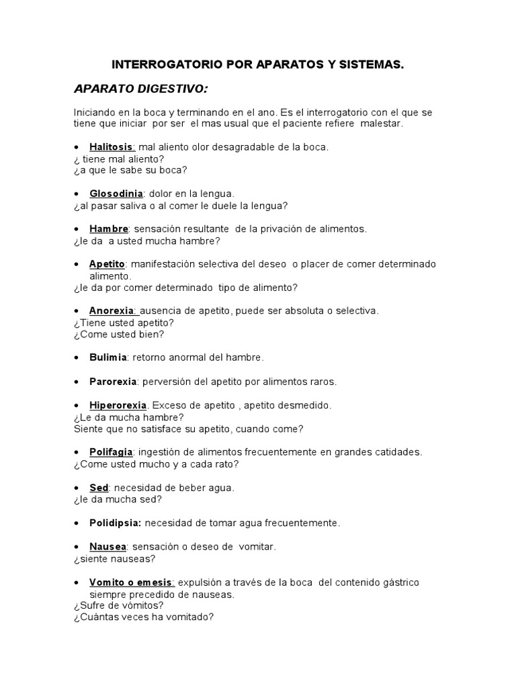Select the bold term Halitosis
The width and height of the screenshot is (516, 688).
112,146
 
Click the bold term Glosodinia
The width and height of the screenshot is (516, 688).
116,193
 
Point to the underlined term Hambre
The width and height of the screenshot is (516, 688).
108,229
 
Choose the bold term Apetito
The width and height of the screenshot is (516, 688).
107,264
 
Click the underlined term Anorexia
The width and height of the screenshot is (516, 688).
113,311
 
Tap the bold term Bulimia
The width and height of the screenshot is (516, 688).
107,357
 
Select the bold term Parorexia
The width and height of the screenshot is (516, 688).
113,382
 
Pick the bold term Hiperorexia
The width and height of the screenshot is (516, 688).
119,405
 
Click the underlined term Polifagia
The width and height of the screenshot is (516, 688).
112,452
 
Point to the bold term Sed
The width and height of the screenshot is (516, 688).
99,488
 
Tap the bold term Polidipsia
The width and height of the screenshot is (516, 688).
115,523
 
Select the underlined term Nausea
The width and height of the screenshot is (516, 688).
107,546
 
